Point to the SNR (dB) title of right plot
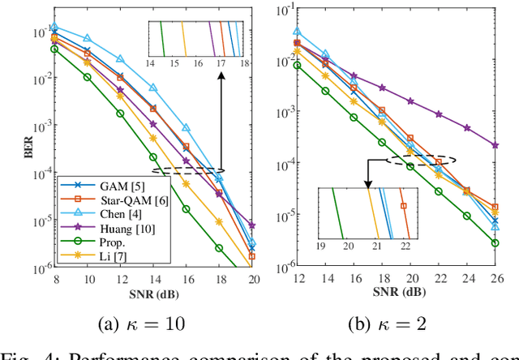click(x=392, y=292)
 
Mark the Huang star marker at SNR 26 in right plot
click(x=495, y=145)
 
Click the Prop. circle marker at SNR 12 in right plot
click(x=297, y=66)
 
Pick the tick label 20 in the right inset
click(x=346, y=245)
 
